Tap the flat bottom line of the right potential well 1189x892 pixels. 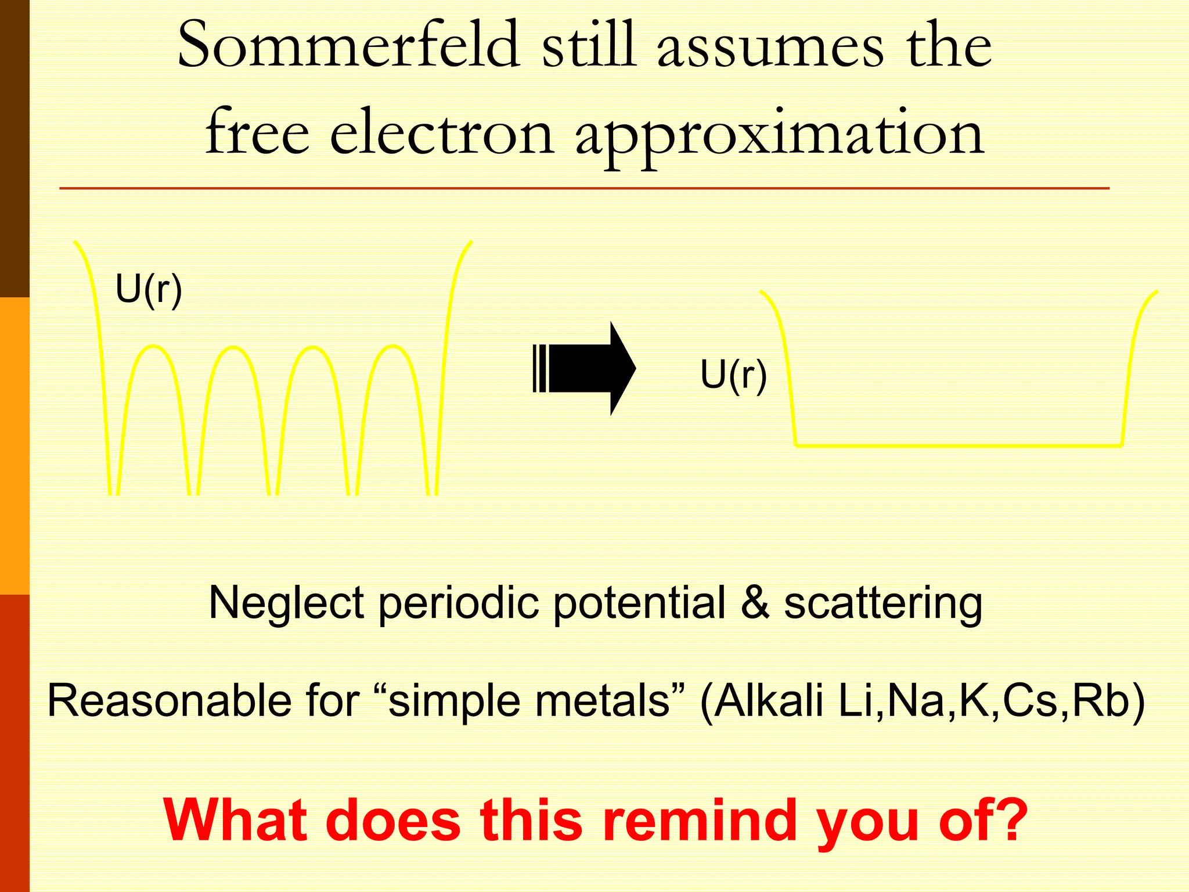[x=958, y=445]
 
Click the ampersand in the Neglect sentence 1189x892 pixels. [x=755, y=603]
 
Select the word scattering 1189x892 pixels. [x=883, y=604]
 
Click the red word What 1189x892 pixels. [x=235, y=820]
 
